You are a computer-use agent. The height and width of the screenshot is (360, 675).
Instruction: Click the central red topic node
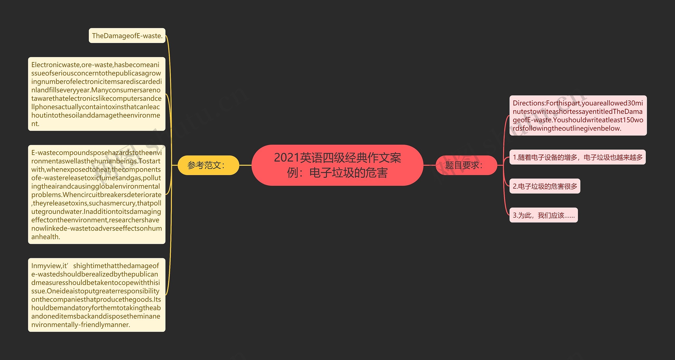click(337, 165)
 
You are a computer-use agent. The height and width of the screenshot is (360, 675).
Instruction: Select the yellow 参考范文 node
click(208, 165)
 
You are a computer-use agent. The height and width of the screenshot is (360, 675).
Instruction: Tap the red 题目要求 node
click(466, 165)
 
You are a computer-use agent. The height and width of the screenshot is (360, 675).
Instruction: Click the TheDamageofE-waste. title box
click(127, 36)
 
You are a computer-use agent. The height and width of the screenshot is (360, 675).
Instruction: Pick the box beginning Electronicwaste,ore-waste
click(97, 94)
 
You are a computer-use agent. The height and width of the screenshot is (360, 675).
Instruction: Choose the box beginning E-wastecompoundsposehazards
click(97, 194)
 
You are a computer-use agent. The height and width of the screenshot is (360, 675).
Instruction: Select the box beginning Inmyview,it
click(97, 295)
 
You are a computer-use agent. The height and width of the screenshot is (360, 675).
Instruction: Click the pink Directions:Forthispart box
click(578, 116)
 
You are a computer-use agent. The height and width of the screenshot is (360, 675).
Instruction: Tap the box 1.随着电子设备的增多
click(577, 157)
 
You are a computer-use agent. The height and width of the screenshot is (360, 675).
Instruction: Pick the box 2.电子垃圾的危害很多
click(545, 186)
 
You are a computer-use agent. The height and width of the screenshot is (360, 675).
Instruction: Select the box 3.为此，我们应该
click(543, 215)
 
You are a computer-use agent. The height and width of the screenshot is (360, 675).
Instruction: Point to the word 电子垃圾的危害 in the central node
click(348, 173)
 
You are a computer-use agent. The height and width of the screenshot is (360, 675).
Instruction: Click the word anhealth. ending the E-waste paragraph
click(46, 237)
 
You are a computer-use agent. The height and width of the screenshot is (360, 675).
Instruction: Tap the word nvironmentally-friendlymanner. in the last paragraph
click(81, 325)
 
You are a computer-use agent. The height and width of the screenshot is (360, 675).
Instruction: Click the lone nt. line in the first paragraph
click(35, 124)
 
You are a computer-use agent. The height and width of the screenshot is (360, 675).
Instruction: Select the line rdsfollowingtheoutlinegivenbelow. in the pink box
click(567, 128)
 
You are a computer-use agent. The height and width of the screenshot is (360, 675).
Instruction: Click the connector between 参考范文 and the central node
click(245, 165)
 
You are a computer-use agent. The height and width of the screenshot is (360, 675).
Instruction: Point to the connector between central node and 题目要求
click(429, 165)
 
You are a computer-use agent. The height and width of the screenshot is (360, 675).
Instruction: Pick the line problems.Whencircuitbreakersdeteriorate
click(96, 195)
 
